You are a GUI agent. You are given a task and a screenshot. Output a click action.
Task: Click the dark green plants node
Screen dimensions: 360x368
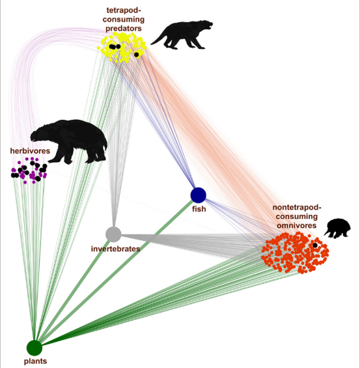pos(35,348)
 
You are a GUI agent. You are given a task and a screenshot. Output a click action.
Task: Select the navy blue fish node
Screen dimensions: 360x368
pos(198,195)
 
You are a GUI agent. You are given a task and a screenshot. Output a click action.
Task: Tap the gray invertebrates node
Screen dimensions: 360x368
pos(113,234)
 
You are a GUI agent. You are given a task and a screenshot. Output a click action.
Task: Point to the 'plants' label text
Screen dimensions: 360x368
pos(35,361)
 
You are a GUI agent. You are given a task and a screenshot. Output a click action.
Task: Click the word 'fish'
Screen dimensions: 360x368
pos(199,208)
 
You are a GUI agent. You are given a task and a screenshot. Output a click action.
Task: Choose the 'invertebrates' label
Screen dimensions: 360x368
pos(115,249)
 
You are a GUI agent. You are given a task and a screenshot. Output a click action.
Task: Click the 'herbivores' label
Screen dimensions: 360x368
pos(30,150)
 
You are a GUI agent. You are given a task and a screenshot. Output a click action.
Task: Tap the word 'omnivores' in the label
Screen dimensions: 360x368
pos(297,225)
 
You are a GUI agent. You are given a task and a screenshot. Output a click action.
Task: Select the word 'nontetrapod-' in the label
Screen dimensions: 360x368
pos(297,208)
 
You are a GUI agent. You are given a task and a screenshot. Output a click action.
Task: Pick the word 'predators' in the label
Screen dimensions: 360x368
pos(124,29)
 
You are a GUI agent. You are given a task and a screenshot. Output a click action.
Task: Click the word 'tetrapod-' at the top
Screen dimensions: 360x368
pos(124,10)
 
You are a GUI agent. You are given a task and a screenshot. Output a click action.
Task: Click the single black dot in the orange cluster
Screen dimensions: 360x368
pos(315,246)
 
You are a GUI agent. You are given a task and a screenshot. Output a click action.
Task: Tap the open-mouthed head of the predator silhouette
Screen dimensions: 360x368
pos(207,24)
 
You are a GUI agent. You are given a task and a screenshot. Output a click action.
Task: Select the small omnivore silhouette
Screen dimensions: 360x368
pos(338,229)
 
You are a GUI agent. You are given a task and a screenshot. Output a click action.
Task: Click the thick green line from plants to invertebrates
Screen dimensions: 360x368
pos(74,291)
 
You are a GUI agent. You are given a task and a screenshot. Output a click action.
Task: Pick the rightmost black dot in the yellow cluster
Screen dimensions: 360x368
pos(137,55)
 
